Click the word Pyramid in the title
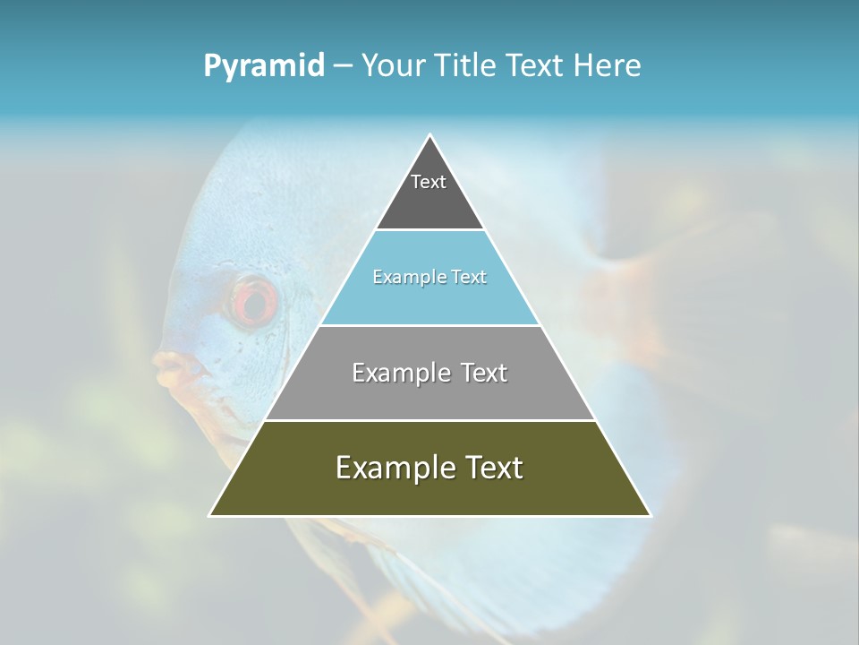[263, 66]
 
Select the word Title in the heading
[466, 66]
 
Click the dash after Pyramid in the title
[343, 66]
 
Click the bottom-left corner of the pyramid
[211, 515]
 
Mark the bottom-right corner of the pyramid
[650, 515]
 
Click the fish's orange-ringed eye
[254, 300]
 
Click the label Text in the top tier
[429, 182]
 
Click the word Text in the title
[534, 66]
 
